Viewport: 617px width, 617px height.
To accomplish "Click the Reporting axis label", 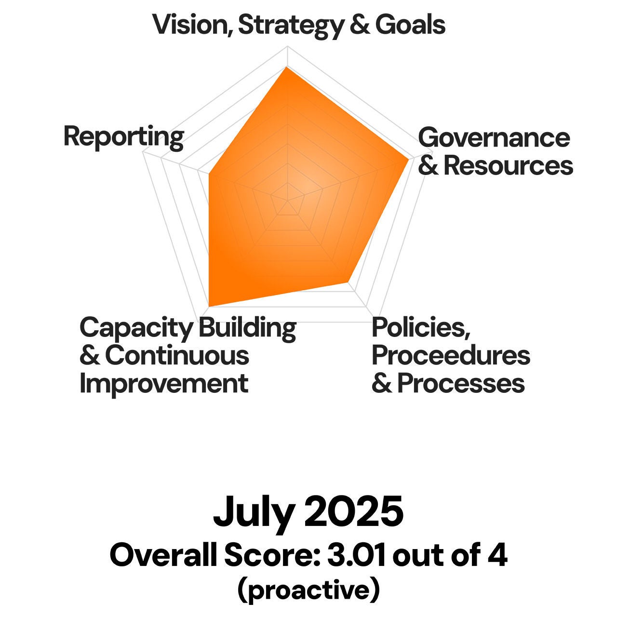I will coord(123,137).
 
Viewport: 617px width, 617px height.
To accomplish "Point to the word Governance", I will coord(494,138).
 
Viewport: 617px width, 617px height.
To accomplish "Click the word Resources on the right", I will coord(508,165).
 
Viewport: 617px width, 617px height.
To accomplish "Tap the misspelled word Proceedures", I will coord(451,356).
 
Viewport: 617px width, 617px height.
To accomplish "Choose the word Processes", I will coord(461,384).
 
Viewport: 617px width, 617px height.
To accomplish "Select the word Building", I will coord(247,329).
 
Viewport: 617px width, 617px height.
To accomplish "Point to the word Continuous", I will coord(176,356).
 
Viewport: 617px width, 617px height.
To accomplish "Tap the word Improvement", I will coord(164,384).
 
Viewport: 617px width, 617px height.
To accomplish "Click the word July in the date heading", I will coord(253,512).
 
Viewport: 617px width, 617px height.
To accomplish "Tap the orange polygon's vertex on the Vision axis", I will coord(287,67).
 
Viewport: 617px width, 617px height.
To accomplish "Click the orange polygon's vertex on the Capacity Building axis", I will coord(209,306).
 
